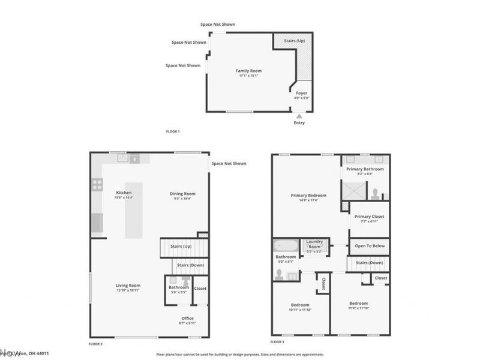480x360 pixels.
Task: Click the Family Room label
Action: (248, 71)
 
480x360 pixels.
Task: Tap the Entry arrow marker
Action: (299, 116)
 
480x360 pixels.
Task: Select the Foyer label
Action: (302, 93)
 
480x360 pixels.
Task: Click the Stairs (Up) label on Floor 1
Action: (294, 41)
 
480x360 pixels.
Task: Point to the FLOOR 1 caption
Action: (173, 131)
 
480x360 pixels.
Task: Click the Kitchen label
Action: (124, 193)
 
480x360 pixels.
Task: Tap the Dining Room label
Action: (182, 194)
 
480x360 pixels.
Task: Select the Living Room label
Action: (128, 286)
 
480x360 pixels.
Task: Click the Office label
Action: (187, 318)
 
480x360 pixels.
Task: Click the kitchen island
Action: (134, 210)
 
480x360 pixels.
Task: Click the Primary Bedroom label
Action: (308, 196)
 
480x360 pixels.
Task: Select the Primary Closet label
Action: (369, 217)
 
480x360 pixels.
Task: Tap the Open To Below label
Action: (369, 246)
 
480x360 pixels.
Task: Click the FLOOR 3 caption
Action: (277, 342)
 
